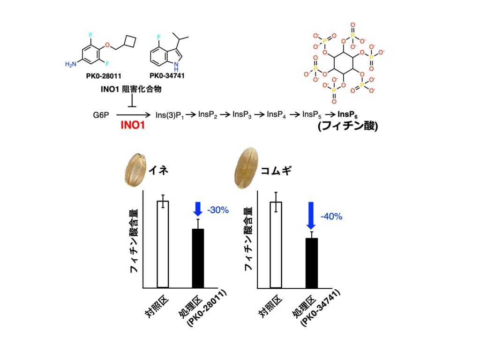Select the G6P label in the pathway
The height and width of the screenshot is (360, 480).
coord(101,114)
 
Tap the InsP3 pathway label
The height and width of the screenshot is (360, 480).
coord(242,114)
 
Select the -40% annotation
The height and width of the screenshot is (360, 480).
coord(331,217)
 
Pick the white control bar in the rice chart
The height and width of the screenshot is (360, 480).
coord(163,244)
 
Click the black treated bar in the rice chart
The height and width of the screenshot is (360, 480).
coord(198,258)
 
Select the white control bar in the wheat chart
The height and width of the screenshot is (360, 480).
coord(276,244)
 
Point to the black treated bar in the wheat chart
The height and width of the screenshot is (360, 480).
coord(312,262)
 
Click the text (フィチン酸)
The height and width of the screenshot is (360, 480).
coord(347,127)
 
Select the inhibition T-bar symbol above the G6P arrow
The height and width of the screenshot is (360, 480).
coord(132,101)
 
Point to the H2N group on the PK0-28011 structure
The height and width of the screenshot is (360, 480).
coord(71,64)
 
